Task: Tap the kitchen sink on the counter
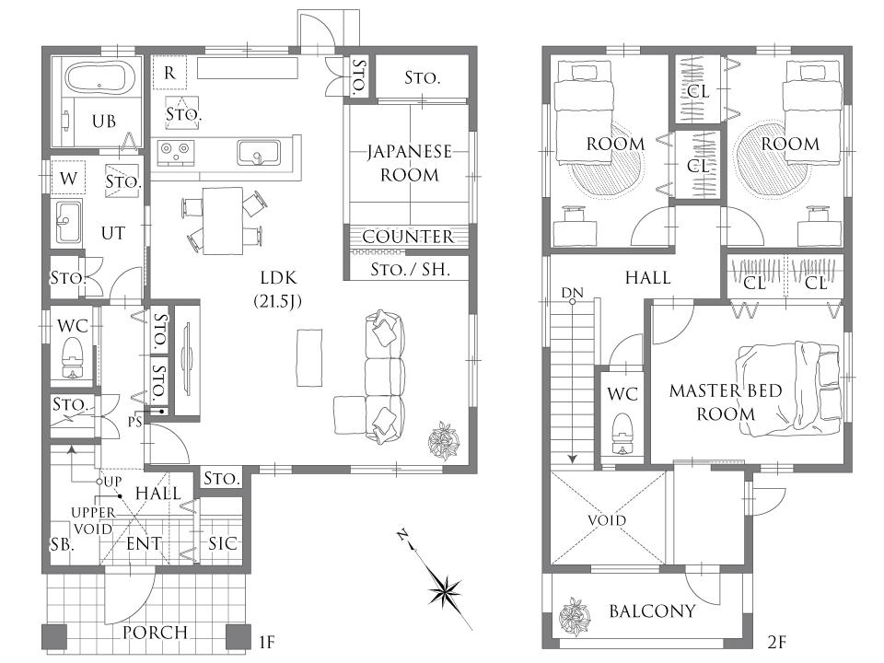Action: click(258, 152)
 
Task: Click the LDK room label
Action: click(278, 277)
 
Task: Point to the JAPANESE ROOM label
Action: click(409, 163)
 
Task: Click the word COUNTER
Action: click(408, 237)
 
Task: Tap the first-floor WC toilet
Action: click(72, 357)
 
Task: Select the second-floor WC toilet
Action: click(622, 434)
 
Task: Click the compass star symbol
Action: click(446, 592)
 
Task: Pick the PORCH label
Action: click(155, 633)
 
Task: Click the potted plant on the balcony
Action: click(575, 616)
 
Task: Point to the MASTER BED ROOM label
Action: click(726, 402)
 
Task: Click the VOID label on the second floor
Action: click(607, 519)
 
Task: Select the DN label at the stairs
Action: click(572, 293)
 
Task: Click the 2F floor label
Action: click(776, 642)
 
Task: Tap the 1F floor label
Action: click(266, 642)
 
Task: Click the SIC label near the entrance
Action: click(223, 543)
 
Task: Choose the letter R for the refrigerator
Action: click(169, 73)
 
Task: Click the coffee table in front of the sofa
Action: click(309, 358)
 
